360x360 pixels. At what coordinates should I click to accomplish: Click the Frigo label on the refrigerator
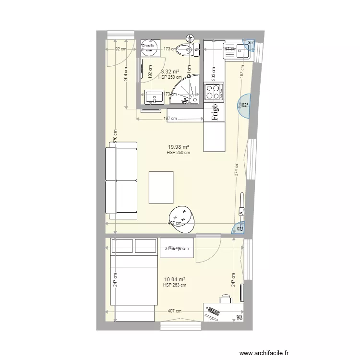point(215,113)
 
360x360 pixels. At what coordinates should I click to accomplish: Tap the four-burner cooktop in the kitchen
point(214,91)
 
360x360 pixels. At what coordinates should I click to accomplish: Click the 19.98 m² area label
point(178,147)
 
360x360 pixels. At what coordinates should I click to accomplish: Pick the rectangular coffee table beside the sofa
point(161,187)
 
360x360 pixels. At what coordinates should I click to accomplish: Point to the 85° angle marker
point(251,42)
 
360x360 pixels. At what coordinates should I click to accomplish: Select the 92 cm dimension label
point(120,48)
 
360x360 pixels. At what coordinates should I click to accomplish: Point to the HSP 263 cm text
point(175,285)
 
